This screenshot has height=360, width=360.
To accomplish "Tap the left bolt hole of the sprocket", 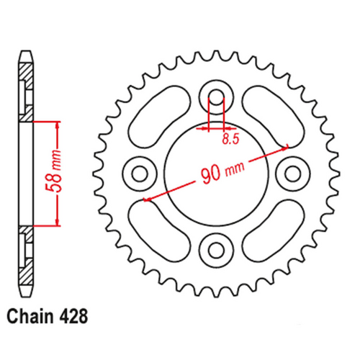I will tap(139, 172).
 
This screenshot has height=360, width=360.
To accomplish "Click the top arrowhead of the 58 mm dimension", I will tap(57, 125).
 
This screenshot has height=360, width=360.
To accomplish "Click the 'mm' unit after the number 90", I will tap(232, 166).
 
